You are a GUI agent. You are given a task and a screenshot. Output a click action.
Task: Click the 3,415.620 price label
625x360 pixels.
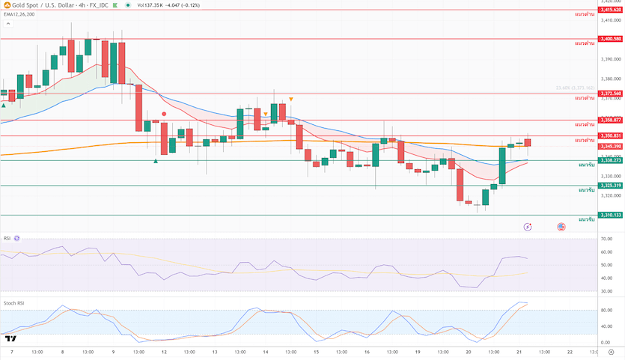611,10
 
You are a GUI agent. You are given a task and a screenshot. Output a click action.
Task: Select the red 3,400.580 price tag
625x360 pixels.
611,38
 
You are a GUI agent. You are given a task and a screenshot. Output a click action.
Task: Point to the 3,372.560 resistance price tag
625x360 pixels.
611,94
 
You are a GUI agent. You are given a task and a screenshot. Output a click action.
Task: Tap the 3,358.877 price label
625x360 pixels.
611,120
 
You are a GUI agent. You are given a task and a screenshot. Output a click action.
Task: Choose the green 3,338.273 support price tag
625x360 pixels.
611,160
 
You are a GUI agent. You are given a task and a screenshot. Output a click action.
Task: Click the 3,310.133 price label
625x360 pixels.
611,215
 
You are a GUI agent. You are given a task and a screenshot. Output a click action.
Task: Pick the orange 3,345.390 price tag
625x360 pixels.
611,146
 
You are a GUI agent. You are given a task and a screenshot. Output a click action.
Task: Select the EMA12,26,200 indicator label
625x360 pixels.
19,13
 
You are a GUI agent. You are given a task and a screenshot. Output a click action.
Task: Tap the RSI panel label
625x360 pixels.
7,238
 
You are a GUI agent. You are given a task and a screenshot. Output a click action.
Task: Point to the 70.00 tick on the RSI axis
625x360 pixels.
607,239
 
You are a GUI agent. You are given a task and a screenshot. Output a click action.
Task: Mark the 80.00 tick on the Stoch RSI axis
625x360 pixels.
607,309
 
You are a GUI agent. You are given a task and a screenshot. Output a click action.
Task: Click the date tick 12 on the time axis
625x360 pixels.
164,351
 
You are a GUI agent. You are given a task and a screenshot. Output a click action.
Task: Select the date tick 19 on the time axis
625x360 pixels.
417,351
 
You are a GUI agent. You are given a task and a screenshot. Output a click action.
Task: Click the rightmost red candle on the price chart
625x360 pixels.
528,141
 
